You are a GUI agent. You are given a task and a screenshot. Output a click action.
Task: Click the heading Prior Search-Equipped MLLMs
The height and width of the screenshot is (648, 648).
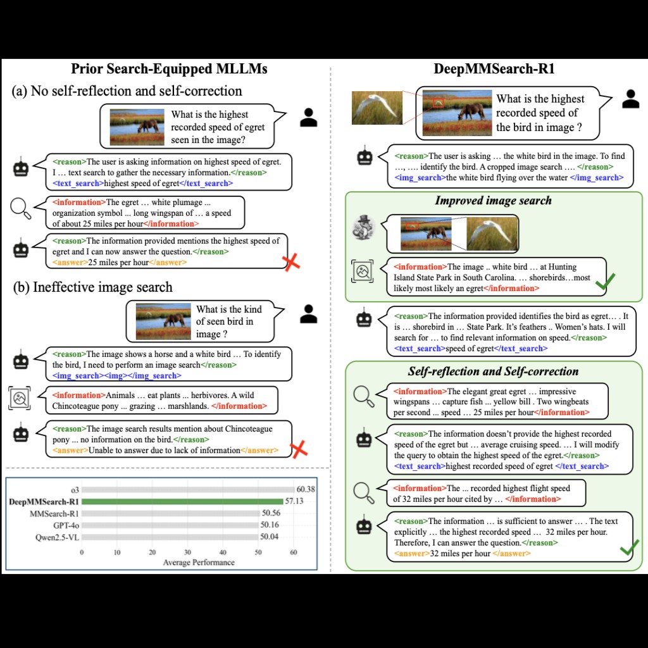click(x=169, y=69)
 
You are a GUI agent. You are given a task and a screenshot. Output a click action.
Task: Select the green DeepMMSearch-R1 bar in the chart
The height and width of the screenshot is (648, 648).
click(x=184, y=501)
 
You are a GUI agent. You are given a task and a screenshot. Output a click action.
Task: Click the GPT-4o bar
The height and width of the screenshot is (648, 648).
click(x=170, y=525)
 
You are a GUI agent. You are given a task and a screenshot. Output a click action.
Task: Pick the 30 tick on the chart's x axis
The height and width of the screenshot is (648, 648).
click(x=188, y=552)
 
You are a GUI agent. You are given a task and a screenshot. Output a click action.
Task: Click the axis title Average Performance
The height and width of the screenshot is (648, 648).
click(x=199, y=562)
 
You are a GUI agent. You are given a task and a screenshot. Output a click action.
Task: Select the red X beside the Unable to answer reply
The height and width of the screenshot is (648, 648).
click(x=299, y=449)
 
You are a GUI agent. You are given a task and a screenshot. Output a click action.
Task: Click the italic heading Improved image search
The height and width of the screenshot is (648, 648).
click(x=493, y=201)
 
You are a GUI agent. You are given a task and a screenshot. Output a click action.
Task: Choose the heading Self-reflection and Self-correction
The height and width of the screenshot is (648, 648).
click(x=493, y=371)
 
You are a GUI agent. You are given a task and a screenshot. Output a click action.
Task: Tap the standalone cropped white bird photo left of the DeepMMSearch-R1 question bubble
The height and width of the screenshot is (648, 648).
click(x=377, y=108)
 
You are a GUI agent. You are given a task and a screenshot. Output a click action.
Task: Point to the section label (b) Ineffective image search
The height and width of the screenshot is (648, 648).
click(x=92, y=287)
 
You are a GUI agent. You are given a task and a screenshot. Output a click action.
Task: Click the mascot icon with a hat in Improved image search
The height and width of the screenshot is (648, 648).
click(x=364, y=228)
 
